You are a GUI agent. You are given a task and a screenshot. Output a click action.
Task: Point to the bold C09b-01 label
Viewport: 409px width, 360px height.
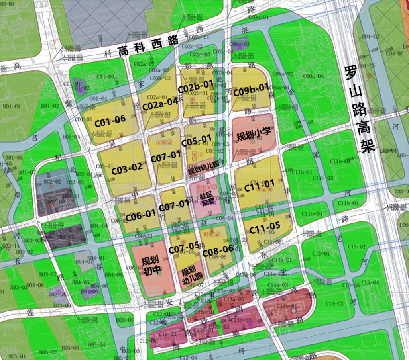[251, 90]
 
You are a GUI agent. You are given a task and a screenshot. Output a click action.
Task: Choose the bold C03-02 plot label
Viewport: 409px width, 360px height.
[127, 168]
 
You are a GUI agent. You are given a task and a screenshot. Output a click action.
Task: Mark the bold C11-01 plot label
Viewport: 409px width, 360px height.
[260, 185]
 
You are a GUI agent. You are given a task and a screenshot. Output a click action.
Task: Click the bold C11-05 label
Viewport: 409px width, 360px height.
[265, 228]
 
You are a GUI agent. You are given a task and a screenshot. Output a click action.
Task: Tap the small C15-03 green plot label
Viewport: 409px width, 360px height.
[334, 303]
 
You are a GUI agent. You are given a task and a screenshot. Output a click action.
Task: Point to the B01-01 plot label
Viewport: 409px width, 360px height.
[12, 106]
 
